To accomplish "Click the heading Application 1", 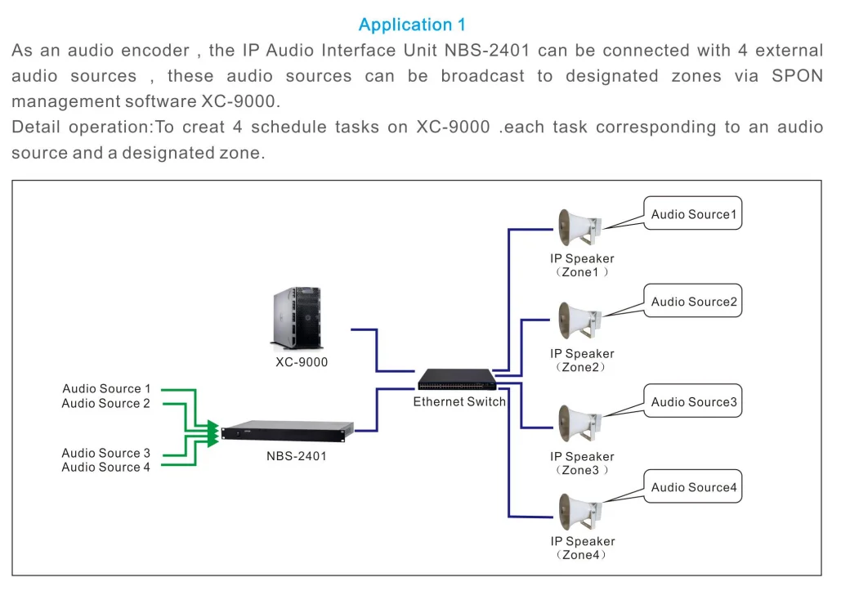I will tap(412, 25).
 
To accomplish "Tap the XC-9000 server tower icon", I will tap(295, 320).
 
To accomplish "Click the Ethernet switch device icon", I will tap(457, 379).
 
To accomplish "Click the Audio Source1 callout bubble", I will tap(693, 214).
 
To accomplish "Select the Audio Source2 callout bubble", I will tap(693, 302).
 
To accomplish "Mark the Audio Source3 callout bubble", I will tap(693, 401).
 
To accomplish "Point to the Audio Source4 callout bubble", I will tap(693, 487).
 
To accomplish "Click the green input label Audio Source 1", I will tap(106, 389).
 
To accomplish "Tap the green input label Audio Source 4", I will tap(106, 468).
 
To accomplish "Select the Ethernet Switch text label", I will tap(459, 401).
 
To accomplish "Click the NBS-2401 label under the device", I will tap(296, 456).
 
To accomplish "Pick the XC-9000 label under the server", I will tap(302, 362).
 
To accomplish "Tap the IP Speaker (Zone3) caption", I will tap(582, 463).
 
